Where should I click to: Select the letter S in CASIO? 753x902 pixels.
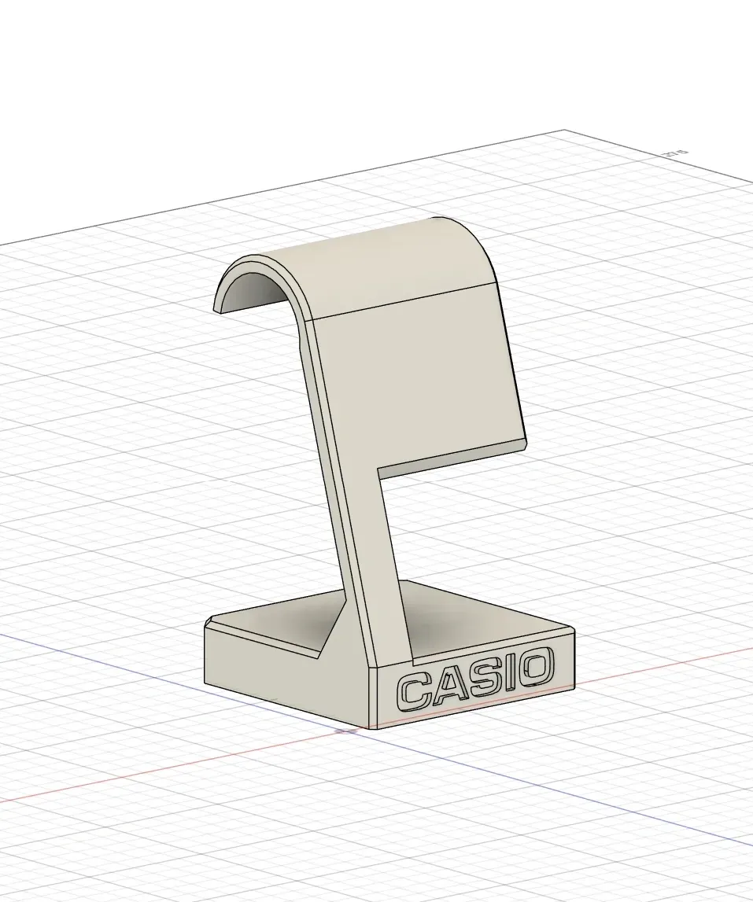[x=482, y=677]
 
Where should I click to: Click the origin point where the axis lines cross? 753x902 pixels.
[x=347, y=731]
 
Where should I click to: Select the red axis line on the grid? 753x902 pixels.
[x=157, y=771]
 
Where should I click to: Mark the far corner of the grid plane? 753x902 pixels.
[x=565, y=131]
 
